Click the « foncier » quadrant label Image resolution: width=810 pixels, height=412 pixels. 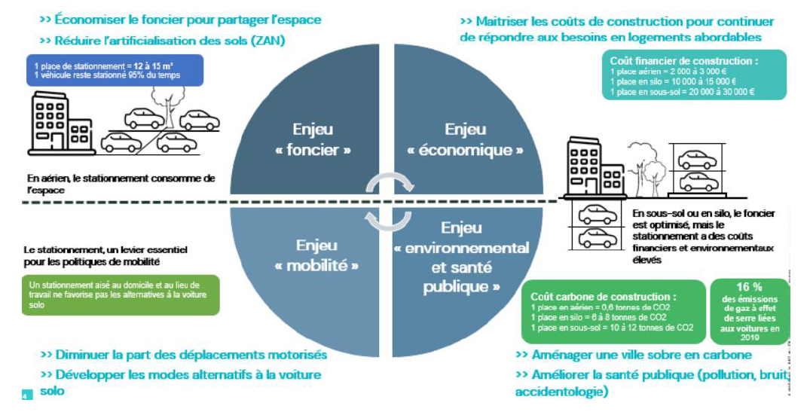point(313,140)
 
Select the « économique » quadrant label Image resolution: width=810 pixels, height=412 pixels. point(466,140)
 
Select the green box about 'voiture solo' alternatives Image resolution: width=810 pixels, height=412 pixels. point(120,294)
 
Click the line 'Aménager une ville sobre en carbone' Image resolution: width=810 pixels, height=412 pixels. point(633,355)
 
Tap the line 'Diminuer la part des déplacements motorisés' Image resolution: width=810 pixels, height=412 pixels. point(183,355)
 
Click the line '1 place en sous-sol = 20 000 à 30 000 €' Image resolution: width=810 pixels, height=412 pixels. point(683,92)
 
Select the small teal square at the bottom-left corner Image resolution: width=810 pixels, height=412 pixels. point(27,395)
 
